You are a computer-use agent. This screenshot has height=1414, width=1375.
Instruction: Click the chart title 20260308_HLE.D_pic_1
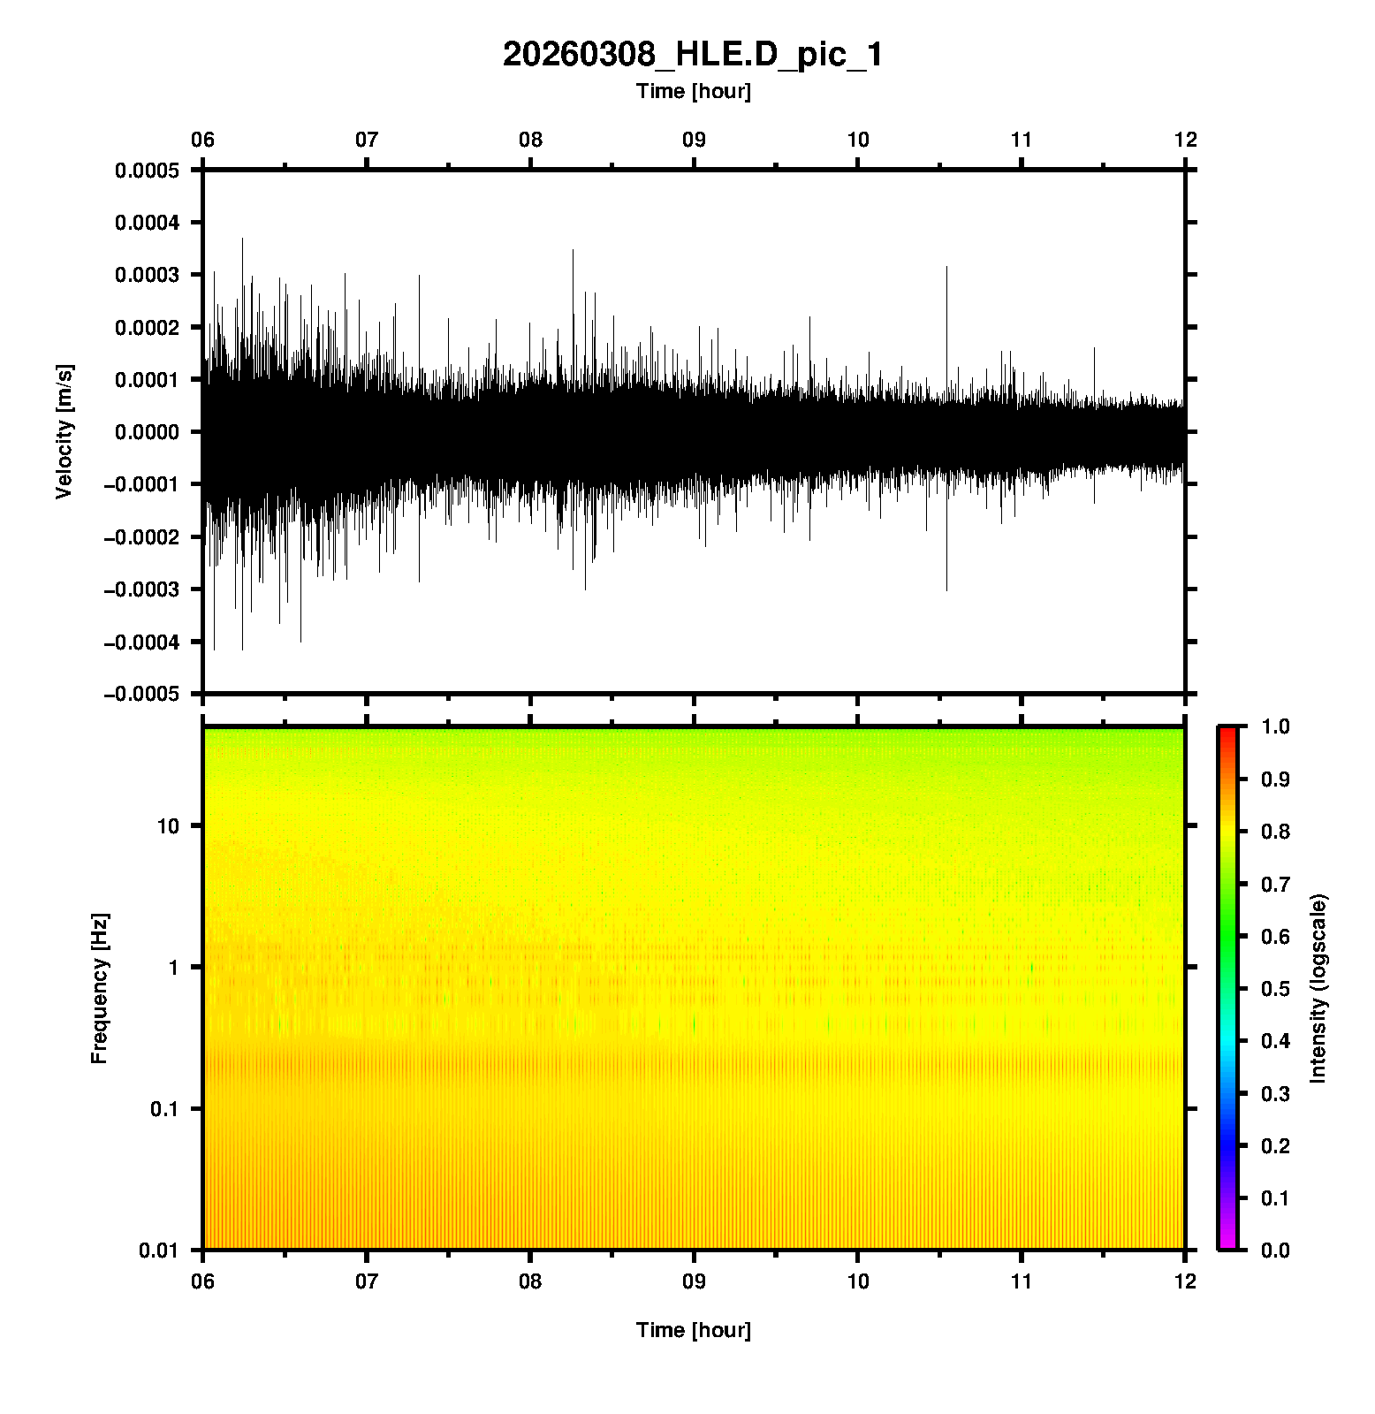coord(693,55)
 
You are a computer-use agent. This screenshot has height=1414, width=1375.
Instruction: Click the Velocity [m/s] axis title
coord(64,431)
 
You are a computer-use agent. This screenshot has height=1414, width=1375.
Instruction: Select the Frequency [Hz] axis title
coord(99,989)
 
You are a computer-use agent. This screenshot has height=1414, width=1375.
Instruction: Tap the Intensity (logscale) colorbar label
coord(1318,988)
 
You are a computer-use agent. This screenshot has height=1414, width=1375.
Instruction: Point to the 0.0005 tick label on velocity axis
coord(147,171)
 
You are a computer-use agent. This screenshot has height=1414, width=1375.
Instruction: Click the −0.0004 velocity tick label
coord(141,642)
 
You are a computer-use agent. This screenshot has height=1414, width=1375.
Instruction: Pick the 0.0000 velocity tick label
coord(147,432)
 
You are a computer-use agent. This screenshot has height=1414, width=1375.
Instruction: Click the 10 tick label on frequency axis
coord(167,826)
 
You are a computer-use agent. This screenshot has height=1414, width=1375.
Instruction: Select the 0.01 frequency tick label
coord(158,1251)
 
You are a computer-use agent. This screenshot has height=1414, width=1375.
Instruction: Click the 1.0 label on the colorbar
coord(1276,726)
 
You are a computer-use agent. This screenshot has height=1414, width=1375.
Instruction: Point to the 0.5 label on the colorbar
coord(1276,988)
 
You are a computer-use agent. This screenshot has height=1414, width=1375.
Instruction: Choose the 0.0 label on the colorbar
coord(1276,1250)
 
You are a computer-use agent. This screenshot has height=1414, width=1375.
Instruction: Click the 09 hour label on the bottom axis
coord(694,1281)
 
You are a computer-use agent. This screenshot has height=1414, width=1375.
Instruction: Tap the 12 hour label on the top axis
coord(1185,140)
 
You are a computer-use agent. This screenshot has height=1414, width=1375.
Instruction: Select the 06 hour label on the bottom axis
coord(202,1281)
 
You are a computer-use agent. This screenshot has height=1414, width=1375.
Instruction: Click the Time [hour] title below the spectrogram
coord(693,1330)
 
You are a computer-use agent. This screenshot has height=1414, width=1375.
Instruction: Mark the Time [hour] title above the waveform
coord(693,91)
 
